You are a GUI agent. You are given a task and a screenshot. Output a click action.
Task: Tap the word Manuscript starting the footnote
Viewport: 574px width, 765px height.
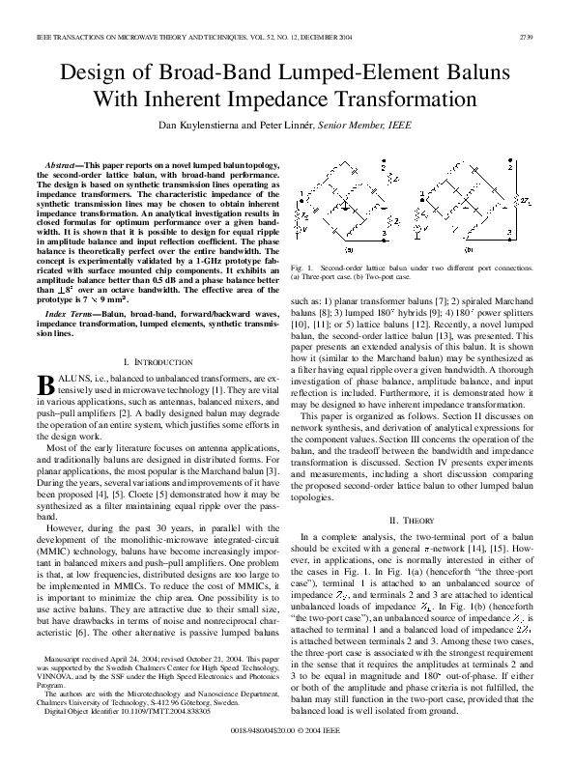click(68, 684)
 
